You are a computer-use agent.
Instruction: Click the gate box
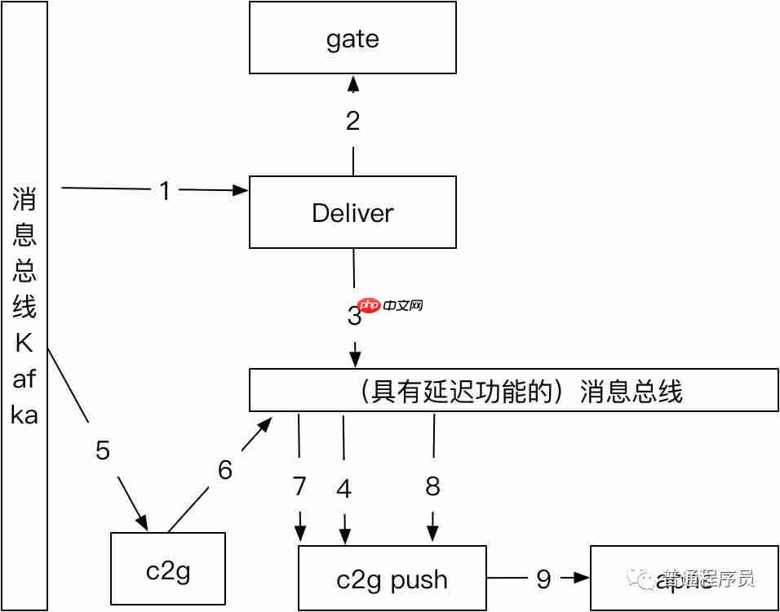tap(352, 38)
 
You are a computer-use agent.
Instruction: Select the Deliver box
tap(352, 212)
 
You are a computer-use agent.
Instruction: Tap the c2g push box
tap(392, 579)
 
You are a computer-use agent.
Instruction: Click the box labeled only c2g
tap(167, 570)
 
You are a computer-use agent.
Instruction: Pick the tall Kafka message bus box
tap(24, 306)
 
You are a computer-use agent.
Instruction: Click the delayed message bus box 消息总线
tap(514, 391)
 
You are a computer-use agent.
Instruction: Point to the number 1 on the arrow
tap(166, 191)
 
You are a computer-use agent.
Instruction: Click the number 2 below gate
tap(352, 122)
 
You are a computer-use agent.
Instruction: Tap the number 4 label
tap(344, 489)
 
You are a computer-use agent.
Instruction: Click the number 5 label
tap(103, 450)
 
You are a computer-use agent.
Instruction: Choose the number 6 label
tap(225, 470)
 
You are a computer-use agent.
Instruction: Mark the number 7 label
tap(299, 486)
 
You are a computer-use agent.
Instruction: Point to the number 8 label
tap(432, 486)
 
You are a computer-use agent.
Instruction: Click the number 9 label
tap(543, 579)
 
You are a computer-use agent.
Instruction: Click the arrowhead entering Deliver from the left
tap(240, 191)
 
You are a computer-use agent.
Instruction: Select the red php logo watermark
tap(370, 306)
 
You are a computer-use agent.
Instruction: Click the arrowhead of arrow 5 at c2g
tap(142, 522)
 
